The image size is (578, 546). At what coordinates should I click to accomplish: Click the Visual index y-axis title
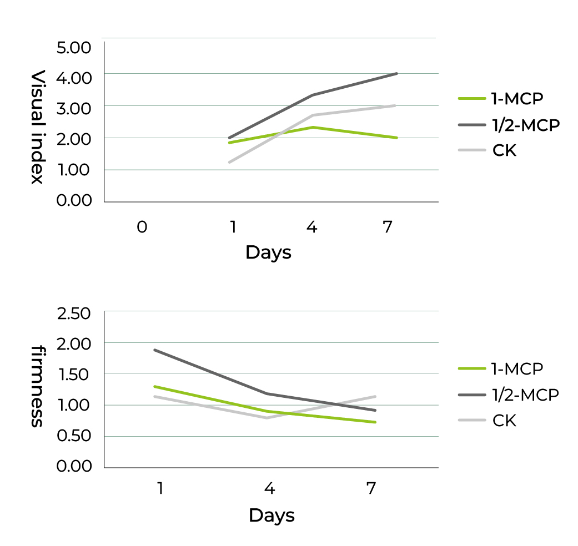(37, 127)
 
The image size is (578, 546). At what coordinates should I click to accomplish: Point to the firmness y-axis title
(37, 386)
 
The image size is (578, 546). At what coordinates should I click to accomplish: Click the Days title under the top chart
(268, 252)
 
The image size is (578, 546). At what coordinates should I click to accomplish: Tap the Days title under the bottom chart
(272, 515)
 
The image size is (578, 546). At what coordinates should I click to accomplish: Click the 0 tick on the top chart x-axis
(142, 227)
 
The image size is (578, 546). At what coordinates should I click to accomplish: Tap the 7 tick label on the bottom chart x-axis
(371, 489)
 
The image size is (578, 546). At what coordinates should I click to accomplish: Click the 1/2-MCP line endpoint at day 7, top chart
(396, 73)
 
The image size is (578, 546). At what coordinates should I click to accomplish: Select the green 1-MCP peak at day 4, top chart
(313, 127)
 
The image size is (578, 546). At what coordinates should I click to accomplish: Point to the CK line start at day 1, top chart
(229, 162)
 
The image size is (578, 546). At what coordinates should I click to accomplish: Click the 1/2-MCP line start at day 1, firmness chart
(155, 350)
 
